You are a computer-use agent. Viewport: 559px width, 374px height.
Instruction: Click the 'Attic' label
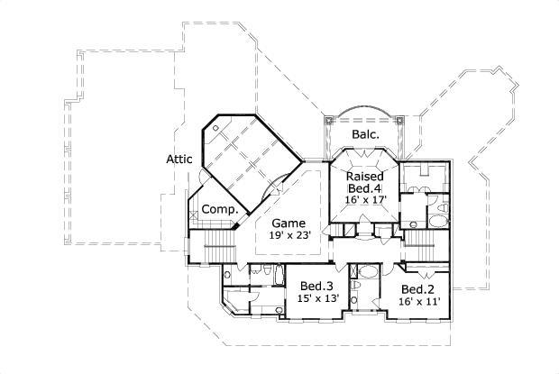[180, 160]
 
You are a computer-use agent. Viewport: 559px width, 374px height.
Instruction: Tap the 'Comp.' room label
[219, 209]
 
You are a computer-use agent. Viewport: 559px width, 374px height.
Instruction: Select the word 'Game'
[289, 223]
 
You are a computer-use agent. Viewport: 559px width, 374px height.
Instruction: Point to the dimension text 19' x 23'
[289, 236]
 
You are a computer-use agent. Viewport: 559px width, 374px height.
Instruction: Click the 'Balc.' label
[365, 134]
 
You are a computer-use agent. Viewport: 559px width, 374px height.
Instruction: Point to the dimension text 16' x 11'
[419, 301]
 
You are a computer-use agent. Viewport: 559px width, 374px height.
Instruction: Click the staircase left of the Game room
[213, 244]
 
